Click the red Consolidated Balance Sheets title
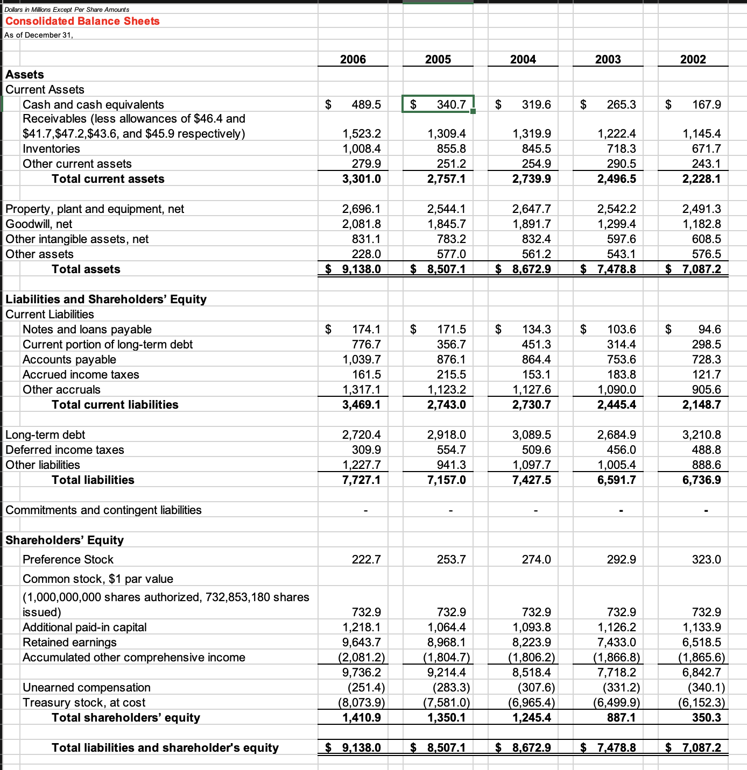coord(82,21)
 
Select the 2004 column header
coord(523,59)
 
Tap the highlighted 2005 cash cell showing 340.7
coord(438,104)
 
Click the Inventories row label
coord(51,149)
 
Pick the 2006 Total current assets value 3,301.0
coord(361,179)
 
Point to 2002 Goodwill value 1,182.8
coord(701,224)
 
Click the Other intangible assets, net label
coord(77,239)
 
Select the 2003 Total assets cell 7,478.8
coord(616,269)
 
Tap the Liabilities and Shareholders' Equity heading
coord(106,300)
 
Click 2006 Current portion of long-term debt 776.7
coord(366,345)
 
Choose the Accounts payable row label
coord(69,360)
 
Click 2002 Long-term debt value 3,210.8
coord(701,435)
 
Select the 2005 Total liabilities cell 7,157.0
coord(446,480)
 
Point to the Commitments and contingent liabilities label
coord(103,510)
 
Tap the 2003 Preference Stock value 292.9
coord(621,560)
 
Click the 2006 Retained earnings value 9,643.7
coord(361,643)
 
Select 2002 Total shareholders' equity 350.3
coord(706,718)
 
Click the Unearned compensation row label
coord(87,688)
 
